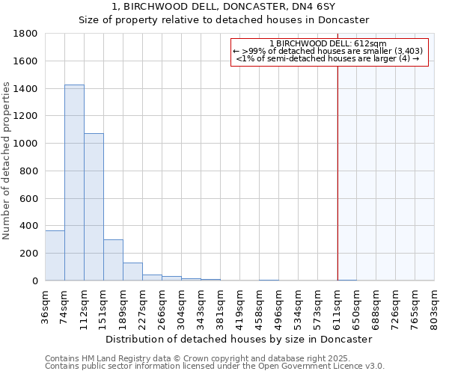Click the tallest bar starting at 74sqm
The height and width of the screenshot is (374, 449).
point(74,183)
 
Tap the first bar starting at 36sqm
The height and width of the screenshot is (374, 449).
point(55,255)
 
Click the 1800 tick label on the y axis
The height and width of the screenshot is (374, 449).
point(26,34)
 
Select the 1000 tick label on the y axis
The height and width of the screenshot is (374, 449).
point(26,144)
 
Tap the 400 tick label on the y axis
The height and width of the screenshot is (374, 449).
point(29,226)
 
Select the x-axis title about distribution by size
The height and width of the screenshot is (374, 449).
point(239,339)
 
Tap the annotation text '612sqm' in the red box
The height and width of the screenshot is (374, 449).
point(371,44)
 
